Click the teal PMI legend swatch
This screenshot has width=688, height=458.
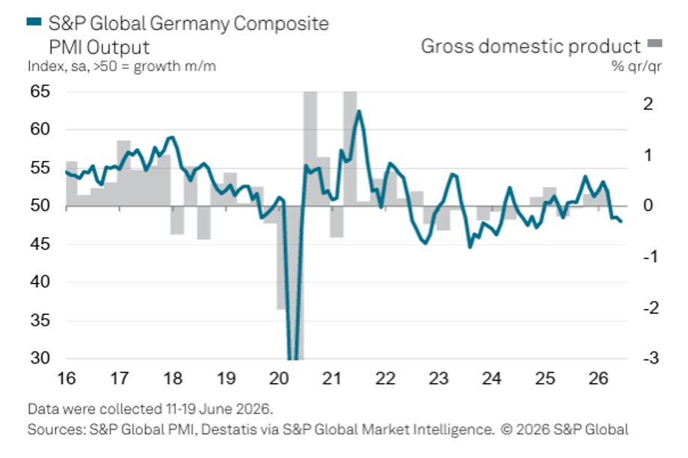coord(34,21)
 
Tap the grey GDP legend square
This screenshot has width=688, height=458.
coord(655,43)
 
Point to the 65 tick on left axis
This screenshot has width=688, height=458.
coord(40,91)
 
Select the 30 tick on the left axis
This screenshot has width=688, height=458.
coord(40,358)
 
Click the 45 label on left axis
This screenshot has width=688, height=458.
coord(40,244)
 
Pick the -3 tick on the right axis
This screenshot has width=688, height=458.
coord(651,358)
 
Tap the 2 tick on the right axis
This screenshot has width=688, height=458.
coord(648,104)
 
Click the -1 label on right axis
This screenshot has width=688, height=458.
coord(651,257)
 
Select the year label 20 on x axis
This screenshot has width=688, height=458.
coord(279,379)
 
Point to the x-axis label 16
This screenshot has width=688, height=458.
coord(67,379)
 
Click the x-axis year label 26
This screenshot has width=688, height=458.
coord(598,379)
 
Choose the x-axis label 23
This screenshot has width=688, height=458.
coord(438,379)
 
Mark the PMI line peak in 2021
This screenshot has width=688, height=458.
coord(359,112)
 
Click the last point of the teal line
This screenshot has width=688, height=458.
coord(621,222)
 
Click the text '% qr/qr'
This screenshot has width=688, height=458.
coord(636,67)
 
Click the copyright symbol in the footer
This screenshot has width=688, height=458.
coord(506,430)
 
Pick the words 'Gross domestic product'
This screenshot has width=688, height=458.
coord(531,46)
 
